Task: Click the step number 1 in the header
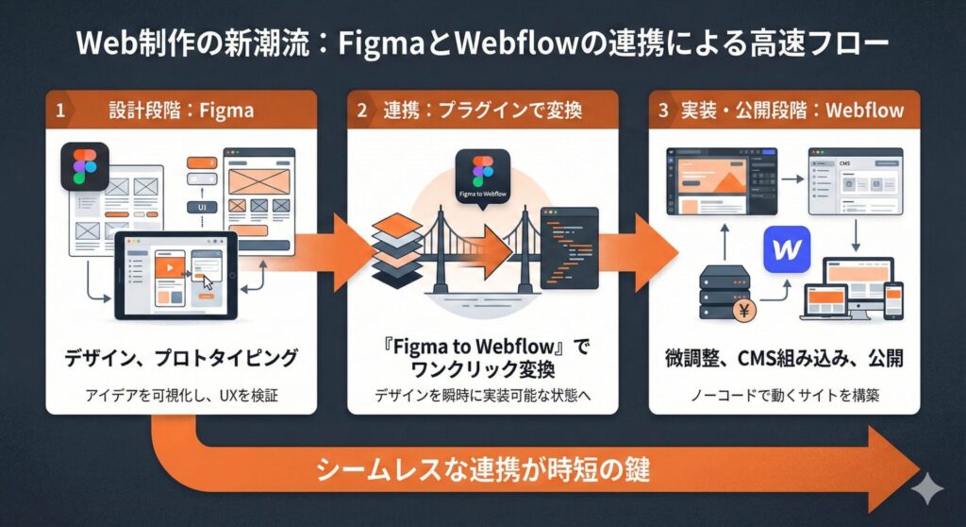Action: (60, 110)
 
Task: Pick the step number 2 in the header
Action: (362, 110)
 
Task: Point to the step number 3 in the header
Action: (664, 110)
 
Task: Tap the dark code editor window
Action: (569, 247)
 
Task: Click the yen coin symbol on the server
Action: (744, 311)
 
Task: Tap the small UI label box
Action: (202, 205)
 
